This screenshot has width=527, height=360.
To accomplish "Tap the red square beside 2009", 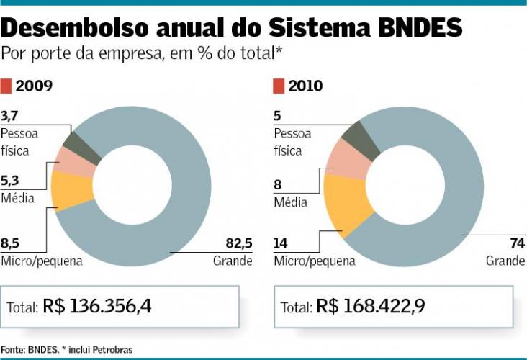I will point(6,86).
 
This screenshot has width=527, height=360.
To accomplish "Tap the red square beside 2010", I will point(279,86).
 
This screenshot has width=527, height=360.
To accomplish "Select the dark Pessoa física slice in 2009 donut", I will point(75,140).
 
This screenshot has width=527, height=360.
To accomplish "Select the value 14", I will point(280,243).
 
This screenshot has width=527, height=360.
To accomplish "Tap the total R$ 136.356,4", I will point(97,306).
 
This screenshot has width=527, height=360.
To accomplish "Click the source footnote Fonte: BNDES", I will point(30,349).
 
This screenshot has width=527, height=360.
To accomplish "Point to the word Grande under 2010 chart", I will point(505,261).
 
